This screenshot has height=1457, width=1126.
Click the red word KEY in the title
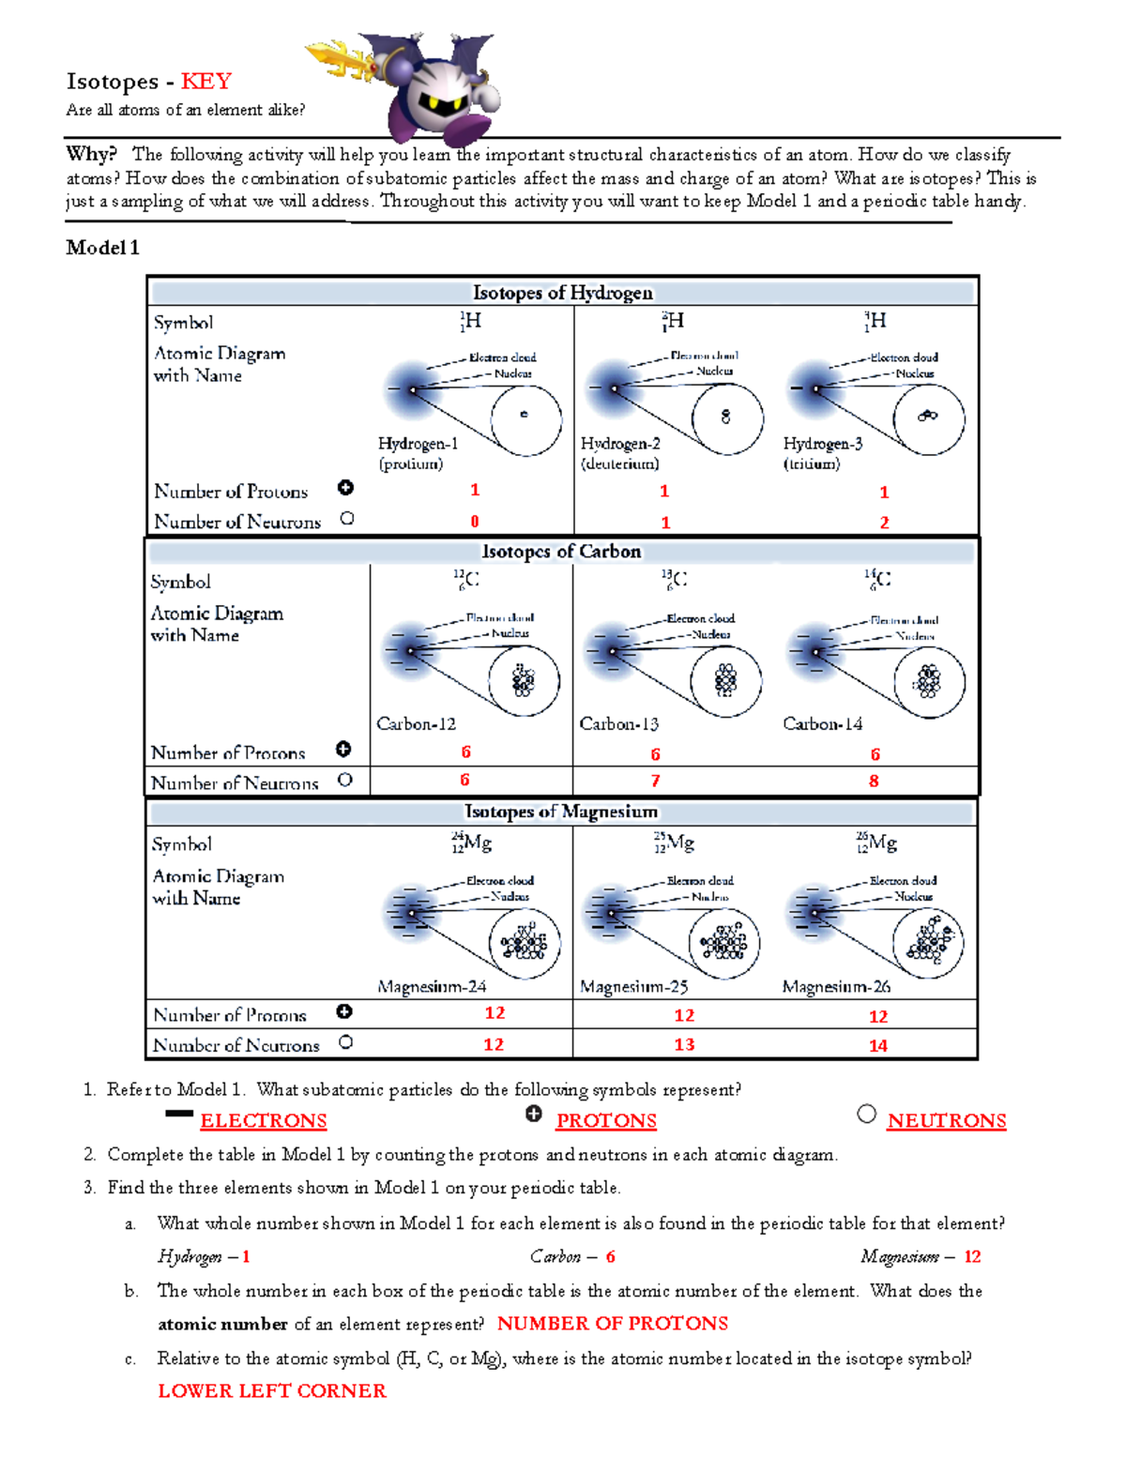(x=205, y=82)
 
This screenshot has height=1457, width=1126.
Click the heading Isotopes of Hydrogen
(x=562, y=293)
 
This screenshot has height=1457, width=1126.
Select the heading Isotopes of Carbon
(x=561, y=552)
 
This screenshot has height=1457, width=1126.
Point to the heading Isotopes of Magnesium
(x=561, y=812)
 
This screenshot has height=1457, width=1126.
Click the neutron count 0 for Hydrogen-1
(x=475, y=522)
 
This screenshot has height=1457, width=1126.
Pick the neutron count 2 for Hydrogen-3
(x=884, y=523)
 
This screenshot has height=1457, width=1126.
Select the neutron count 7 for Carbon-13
(x=655, y=781)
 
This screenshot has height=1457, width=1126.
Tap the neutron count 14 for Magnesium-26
(x=877, y=1045)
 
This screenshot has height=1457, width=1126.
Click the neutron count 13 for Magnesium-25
(x=684, y=1044)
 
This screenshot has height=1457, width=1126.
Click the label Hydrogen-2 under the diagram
(x=620, y=444)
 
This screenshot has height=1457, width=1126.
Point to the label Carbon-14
(x=822, y=724)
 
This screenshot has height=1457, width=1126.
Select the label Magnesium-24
(x=432, y=987)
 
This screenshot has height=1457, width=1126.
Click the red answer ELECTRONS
(x=264, y=1121)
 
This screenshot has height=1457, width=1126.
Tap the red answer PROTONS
(x=606, y=1121)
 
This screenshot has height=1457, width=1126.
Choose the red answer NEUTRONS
(x=946, y=1121)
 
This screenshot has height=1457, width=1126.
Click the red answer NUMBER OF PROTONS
(x=612, y=1324)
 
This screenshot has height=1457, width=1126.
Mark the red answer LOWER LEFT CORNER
(x=271, y=1391)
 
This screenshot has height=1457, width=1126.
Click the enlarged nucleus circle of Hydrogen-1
(x=525, y=419)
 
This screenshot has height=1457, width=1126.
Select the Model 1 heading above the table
(x=102, y=248)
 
